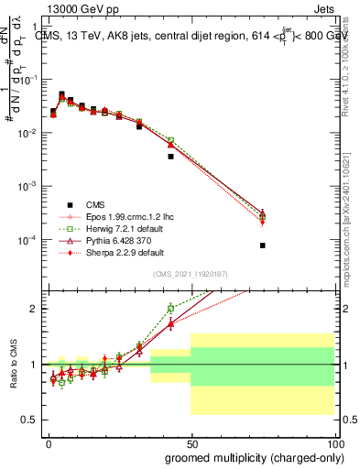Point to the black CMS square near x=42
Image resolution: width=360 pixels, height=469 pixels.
170,157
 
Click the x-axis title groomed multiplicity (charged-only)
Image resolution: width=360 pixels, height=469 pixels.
243,456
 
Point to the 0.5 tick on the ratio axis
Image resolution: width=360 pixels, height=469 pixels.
30,420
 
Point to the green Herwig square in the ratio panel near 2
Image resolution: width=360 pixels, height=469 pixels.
170,309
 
